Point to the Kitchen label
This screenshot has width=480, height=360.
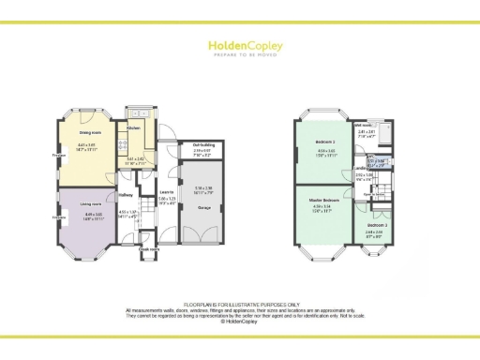(x=133, y=127)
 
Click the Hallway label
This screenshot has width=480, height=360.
(x=125, y=195)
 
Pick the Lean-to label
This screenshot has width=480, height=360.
(x=167, y=192)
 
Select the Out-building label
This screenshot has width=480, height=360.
(x=203, y=144)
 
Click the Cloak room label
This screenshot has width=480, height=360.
(x=148, y=249)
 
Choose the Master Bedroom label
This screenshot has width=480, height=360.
(x=323, y=201)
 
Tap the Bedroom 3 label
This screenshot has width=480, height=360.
(x=376, y=226)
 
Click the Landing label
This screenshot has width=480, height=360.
(x=360, y=169)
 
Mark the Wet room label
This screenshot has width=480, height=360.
(x=363, y=124)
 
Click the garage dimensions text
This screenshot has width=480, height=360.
(x=203, y=189)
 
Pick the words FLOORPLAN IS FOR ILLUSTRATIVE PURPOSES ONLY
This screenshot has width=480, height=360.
(x=240, y=304)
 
